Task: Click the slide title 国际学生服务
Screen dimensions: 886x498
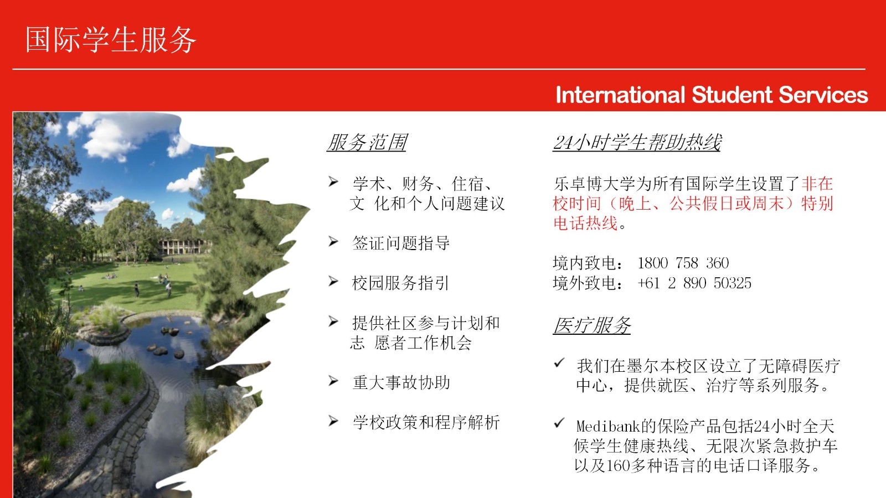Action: pos(111,39)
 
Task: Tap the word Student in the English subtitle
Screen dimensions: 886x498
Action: pos(732,95)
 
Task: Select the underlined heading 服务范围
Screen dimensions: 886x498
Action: pos(367,142)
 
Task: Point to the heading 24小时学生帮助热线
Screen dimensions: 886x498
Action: pos(637,142)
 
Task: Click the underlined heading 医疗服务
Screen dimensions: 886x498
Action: pos(592,325)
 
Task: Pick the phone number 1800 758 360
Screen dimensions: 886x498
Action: pos(683,263)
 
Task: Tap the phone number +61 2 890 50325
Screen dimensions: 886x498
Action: pos(694,283)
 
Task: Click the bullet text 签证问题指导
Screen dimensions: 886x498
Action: pos(401,243)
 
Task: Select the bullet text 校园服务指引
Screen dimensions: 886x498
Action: pos(400,283)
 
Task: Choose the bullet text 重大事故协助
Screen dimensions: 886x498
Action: pos(401,382)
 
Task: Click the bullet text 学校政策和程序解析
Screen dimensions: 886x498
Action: pos(426,422)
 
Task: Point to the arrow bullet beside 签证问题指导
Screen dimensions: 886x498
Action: pos(333,241)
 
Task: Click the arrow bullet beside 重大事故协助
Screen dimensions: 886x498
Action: pos(333,381)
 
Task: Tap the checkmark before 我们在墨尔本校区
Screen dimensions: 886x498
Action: pos(559,362)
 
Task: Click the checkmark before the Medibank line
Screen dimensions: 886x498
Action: pos(559,423)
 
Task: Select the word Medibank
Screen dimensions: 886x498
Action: pos(608,426)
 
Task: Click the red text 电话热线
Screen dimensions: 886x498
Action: pos(585,224)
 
